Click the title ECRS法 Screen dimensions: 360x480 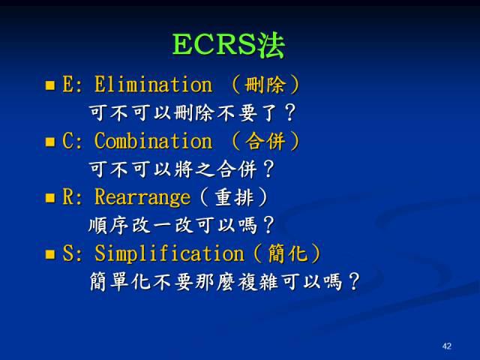pyautogui.click(x=229, y=45)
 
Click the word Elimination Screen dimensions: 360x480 pyautogui.click(x=153, y=85)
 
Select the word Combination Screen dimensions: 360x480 pyautogui.click(x=153, y=141)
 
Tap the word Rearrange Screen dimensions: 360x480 pyautogui.click(x=142, y=197)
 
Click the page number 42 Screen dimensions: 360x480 pyautogui.click(x=447, y=346)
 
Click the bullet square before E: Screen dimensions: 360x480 pyautogui.click(x=50, y=85)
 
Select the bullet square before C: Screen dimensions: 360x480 pyautogui.click(x=50, y=142)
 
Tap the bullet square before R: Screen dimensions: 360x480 pyautogui.click(x=50, y=198)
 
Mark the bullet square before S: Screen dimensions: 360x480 pyautogui.click(x=50, y=254)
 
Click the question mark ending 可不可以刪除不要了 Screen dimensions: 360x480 pyautogui.click(x=290, y=113)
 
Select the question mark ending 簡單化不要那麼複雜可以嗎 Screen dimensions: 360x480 pyautogui.click(x=354, y=283)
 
